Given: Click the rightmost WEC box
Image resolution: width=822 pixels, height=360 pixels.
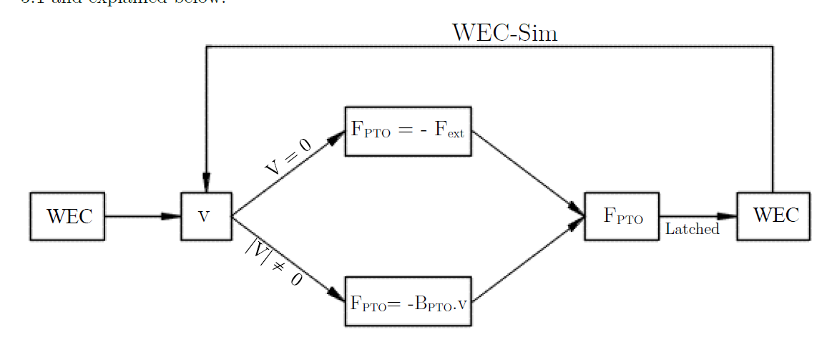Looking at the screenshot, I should pos(773,216).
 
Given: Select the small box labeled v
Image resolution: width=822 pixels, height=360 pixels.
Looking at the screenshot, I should pos(205,216).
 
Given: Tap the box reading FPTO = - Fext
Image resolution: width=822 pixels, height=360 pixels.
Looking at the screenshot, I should pos(408,131).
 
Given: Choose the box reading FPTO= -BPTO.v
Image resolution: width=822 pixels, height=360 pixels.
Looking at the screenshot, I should pos(408,301).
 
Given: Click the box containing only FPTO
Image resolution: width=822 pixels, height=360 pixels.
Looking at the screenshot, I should pos(622,216).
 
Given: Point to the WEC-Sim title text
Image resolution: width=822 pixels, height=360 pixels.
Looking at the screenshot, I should pos(504,33).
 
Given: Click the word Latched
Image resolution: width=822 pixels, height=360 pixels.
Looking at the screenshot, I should pos(692,230).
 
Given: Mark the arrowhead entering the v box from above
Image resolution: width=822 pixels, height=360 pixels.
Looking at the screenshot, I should pos(206,183).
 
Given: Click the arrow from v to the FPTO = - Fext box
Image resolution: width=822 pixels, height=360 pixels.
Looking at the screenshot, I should pos(286,176).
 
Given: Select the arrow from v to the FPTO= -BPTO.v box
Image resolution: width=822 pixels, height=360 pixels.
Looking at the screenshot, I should pos(286,258).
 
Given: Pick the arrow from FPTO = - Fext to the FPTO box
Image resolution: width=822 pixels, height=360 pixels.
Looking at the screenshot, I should pos(528,172).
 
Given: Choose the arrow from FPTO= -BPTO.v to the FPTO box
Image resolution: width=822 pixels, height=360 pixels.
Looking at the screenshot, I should pos(528,259).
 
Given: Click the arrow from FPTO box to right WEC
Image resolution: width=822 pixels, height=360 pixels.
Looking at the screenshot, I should pos(698,216).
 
